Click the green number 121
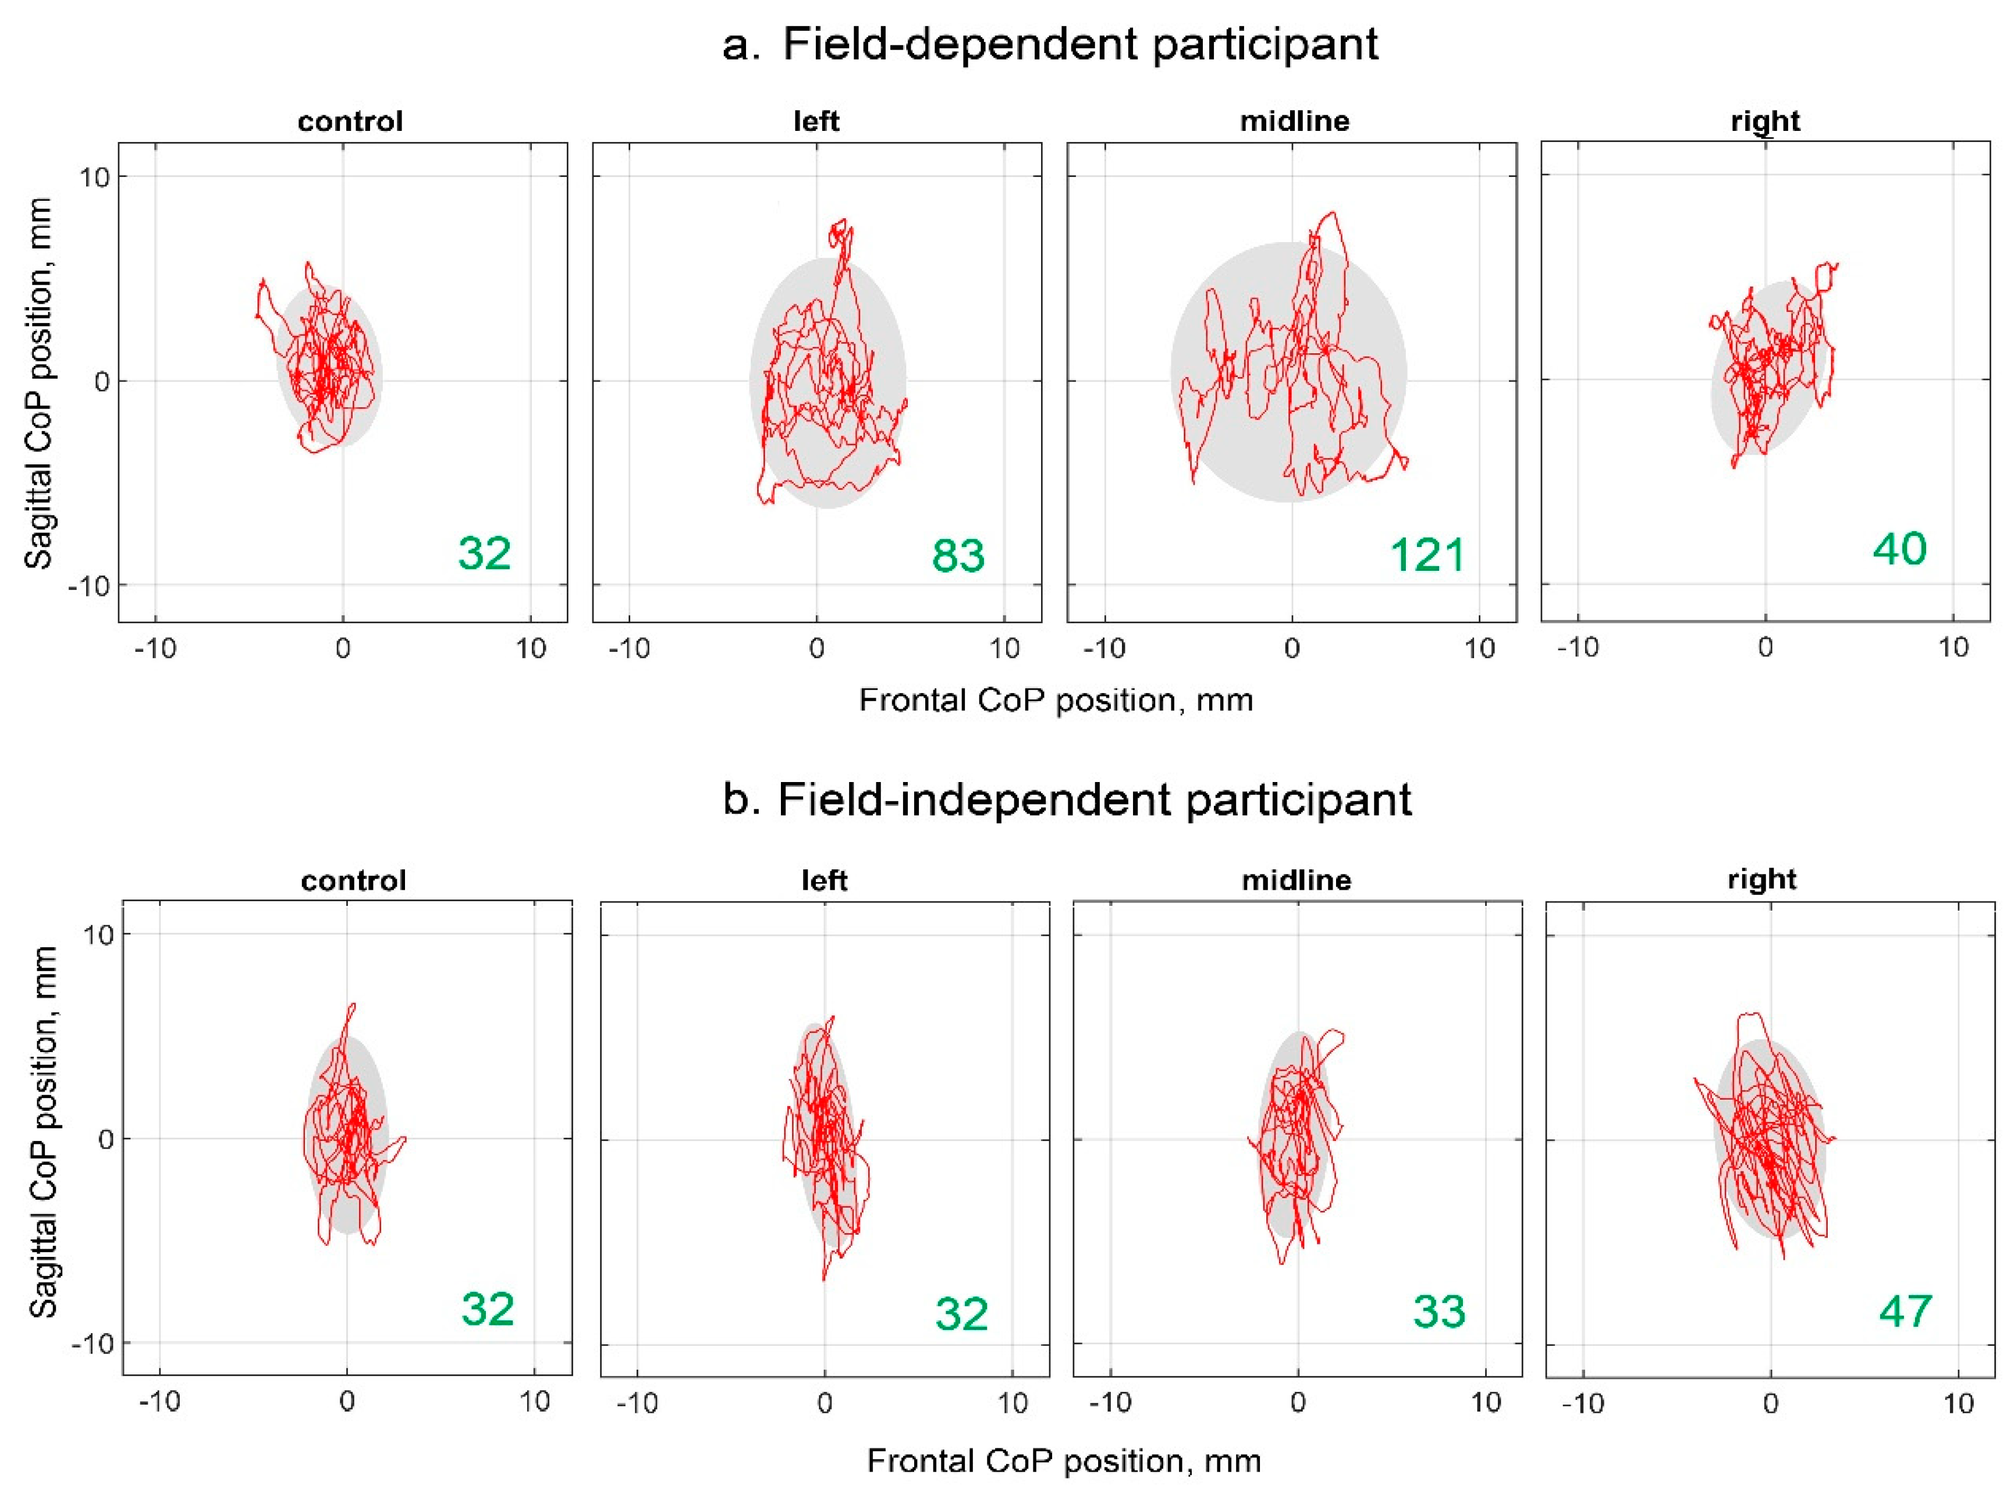pyautogui.click(x=1427, y=555)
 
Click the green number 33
pyautogui.click(x=1439, y=1312)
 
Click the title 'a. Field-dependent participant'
pyautogui.click(x=1050, y=44)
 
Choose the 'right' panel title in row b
pyautogui.click(x=1761, y=879)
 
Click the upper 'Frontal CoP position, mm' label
pyautogui.click(x=1056, y=700)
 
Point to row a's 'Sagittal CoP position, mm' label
pyautogui.click(x=38, y=382)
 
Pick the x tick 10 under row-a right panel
pyautogui.click(x=1953, y=648)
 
